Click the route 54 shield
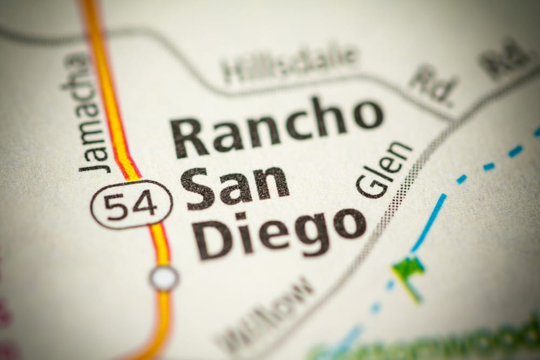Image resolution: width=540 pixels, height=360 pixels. coord(131,205)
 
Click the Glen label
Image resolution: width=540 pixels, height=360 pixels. coord(384,169)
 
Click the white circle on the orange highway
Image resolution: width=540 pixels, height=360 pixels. coord(164,278)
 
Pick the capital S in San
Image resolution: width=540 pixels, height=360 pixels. coord(198,189)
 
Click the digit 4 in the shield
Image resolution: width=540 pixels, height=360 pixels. coord(145,203)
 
